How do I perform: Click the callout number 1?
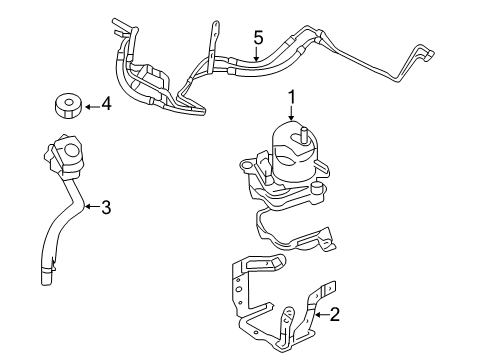pos(292,96)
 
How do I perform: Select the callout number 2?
pos(335,315)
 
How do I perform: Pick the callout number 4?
pos(106,103)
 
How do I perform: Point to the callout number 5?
pos(257,38)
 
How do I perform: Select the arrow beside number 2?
pos(319,315)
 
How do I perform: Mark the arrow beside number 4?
pos(90,103)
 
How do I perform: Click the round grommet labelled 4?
pos(65,104)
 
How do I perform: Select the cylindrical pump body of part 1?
pos(293,155)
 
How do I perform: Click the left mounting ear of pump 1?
pos(245,162)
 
